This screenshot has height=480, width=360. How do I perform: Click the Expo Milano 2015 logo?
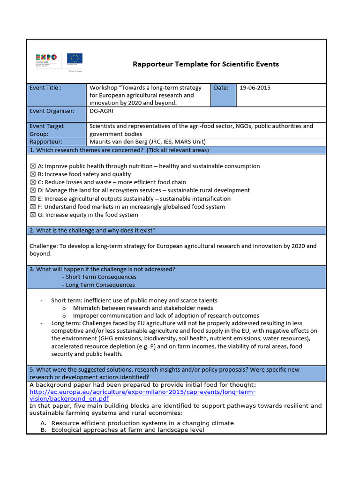click(46, 60)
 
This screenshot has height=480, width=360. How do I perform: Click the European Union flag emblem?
click(75, 59)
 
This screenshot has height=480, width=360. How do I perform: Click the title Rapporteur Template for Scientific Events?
click(206, 64)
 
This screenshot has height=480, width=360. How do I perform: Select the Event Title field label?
click(45, 88)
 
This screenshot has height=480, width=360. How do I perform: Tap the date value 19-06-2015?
click(255, 88)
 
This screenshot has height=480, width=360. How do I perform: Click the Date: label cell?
click(221, 88)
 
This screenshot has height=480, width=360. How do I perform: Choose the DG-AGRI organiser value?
click(102, 111)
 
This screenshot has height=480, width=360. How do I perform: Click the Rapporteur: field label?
click(45, 142)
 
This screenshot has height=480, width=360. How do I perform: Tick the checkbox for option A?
click(33, 166)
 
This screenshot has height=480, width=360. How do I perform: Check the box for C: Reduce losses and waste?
click(33, 182)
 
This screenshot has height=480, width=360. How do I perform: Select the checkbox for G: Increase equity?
click(33, 215)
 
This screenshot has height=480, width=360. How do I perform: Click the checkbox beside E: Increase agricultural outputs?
click(33, 199)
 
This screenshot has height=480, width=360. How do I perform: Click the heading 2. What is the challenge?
click(93, 231)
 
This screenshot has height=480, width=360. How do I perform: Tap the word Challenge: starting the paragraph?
click(43, 246)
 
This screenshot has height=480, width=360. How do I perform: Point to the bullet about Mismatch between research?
click(143, 308)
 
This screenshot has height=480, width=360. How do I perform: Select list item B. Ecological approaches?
click(127, 430)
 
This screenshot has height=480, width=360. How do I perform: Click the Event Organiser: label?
click(52, 111)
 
